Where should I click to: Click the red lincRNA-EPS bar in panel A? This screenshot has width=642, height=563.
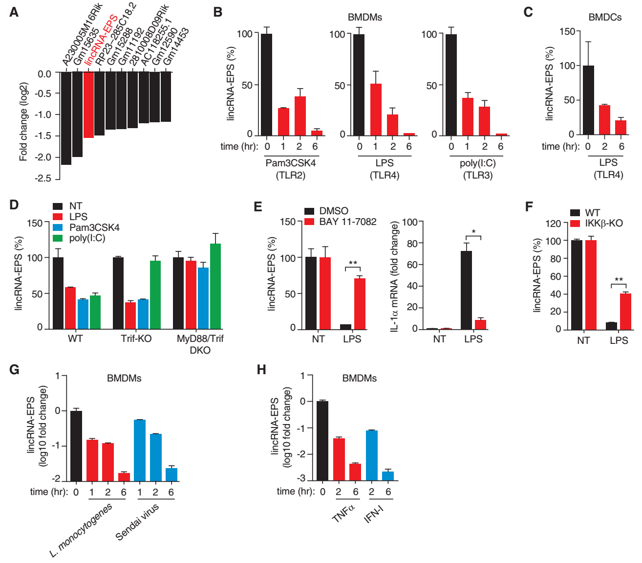(88, 105)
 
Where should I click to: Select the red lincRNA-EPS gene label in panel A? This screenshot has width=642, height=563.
(100, 40)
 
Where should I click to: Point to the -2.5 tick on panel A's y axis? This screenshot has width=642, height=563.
(43, 179)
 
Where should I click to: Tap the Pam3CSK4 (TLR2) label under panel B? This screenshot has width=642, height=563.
(291, 169)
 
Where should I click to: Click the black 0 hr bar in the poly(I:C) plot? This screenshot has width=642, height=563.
(451, 85)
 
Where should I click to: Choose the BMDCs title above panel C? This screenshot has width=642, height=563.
(605, 17)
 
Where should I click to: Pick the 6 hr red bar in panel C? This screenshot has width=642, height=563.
(621, 127)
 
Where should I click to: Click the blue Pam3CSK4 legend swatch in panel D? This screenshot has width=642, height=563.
(58, 227)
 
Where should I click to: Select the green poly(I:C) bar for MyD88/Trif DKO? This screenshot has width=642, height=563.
(215, 286)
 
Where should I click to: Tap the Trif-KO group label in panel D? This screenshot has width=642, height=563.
(136, 338)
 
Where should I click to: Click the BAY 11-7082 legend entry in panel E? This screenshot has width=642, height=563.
(347, 222)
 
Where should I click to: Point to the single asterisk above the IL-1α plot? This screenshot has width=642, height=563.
(473, 232)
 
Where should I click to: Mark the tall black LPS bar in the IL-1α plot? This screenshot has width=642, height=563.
(467, 290)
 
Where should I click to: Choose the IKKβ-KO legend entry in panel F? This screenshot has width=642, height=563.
(604, 223)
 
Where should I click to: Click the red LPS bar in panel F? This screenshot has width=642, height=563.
(625, 311)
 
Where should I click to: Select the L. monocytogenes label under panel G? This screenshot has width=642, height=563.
(81, 530)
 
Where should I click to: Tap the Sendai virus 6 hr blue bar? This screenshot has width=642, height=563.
(171, 474)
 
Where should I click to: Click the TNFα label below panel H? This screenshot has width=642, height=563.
(343, 513)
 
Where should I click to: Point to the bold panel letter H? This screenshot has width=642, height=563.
(262, 370)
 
